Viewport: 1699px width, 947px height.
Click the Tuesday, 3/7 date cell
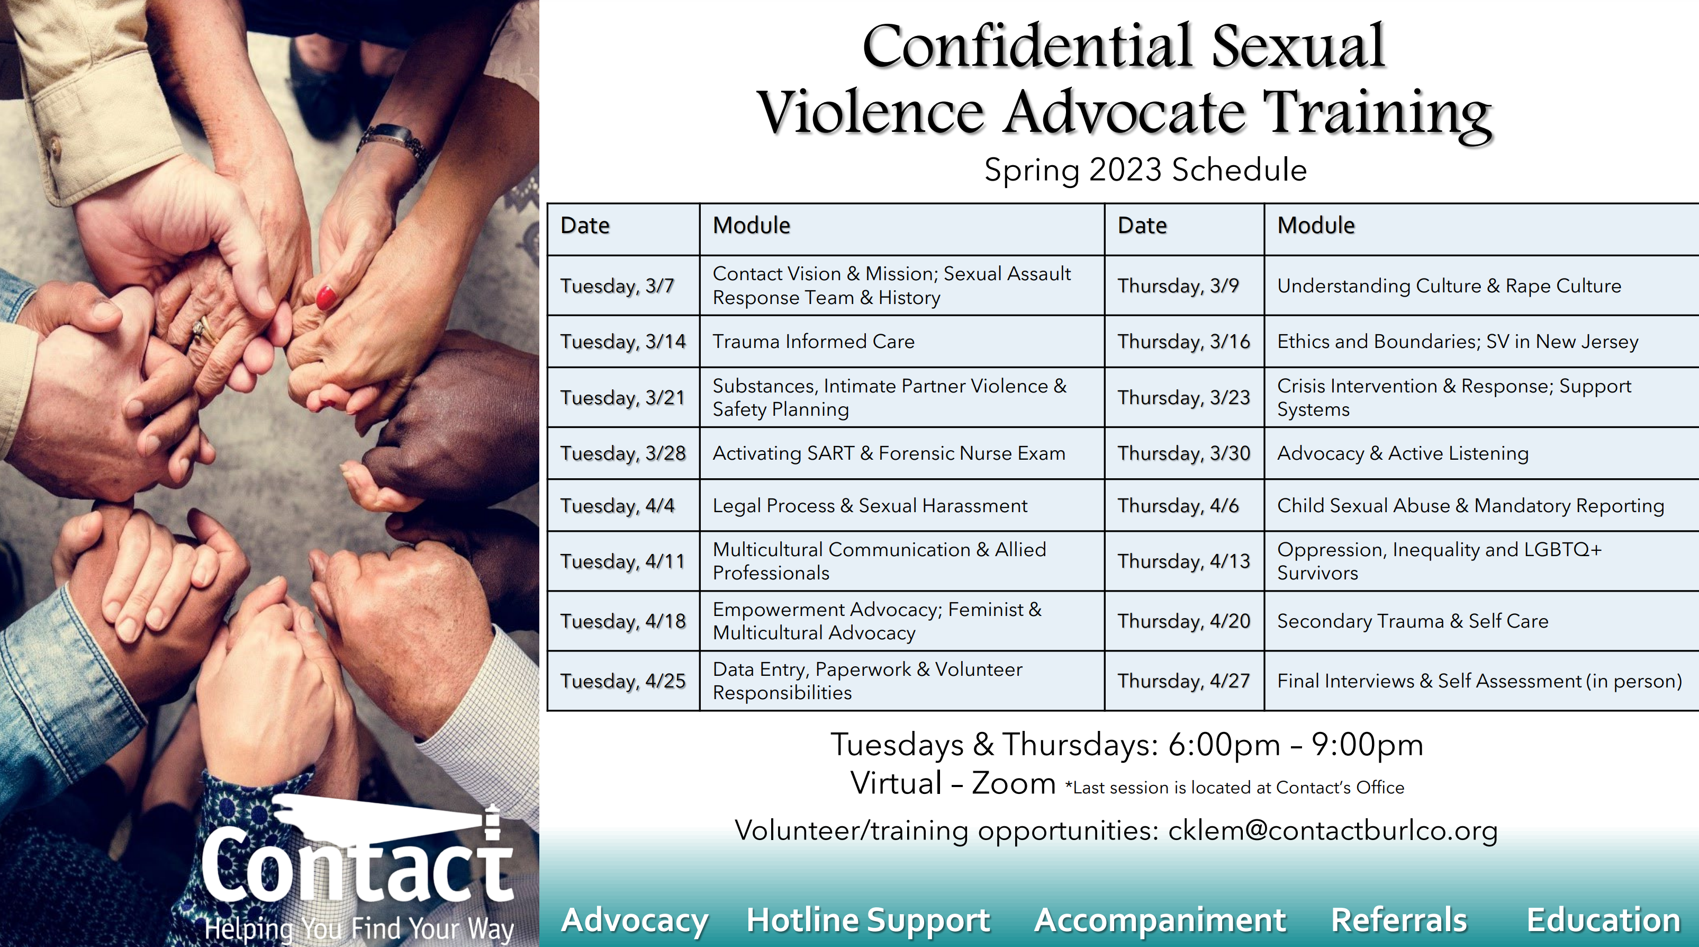[x=623, y=286]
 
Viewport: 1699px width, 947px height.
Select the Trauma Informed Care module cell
[x=901, y=342]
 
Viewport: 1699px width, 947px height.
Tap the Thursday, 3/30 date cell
[x=1184, y=453]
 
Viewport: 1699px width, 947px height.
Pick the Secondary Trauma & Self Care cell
[x=1481, y=621]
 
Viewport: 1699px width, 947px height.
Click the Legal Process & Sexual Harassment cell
[x=901, y=505]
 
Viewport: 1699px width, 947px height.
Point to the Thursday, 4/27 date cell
[x=1184, y=681]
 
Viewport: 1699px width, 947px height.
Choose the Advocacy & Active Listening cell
[x=1481, y=453]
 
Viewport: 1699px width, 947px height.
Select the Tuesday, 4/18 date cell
[x=623, y=621]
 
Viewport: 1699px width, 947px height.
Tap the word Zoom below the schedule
[x=1014, y=783]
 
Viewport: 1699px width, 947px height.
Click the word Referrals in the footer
[x=1399, y=920]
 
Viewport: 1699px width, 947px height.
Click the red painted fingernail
[x=326, y=297]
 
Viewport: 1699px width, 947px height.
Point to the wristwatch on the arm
[x=394, y=145]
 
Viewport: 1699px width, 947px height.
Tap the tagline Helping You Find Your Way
[x=359, y=928]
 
